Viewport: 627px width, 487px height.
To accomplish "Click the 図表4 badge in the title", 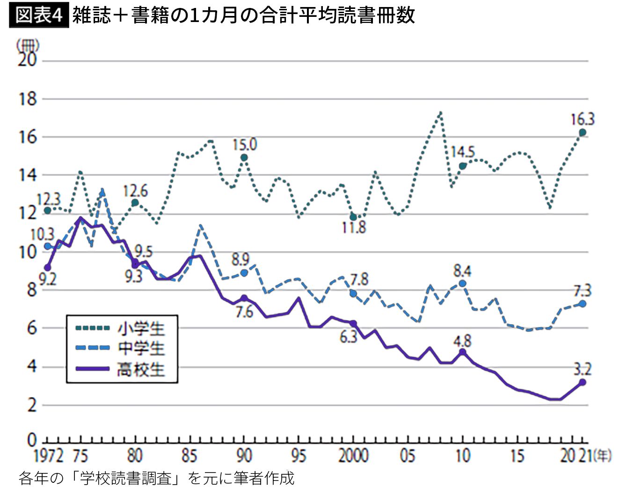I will tap(39, 15).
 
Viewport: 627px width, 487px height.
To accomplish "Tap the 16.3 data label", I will tap(582, 119).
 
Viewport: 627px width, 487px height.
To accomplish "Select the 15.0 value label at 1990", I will tap(245, 144).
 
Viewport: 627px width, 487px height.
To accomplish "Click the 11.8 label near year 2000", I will tap(354, 228).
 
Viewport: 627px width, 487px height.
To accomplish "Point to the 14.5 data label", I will tap(463, 152).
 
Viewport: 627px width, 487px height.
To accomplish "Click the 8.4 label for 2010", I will tap(462, 271).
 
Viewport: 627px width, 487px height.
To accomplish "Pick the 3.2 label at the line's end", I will tap(582, 369).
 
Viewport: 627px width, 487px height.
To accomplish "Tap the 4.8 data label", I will tap(462, 340).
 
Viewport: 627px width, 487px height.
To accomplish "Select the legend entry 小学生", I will tap(141, 328).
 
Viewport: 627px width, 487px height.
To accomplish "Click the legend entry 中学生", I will tap(141, 348).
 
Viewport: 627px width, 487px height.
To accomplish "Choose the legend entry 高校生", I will tap(141, 369).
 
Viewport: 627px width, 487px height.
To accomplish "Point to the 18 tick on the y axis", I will tap(27, 99).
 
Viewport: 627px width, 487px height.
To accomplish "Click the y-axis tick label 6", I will tap(31, 328).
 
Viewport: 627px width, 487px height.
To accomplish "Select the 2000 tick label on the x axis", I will tap(353, 456).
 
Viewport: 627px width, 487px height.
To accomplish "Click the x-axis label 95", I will tap(299, 456).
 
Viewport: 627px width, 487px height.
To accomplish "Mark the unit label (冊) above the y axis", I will tap(28, 45).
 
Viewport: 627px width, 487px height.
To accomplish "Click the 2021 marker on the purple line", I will tap(583, 382).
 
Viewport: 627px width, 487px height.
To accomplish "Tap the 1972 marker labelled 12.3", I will tap(47, 210).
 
